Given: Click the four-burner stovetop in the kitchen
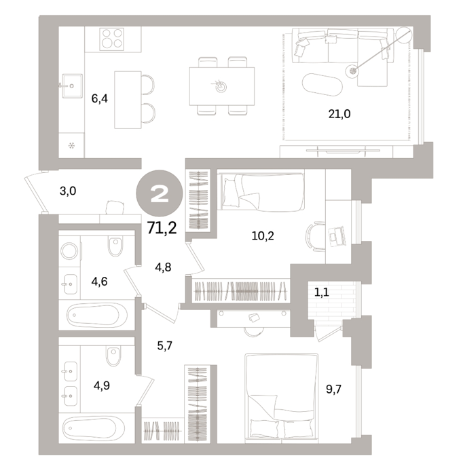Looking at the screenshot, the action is pyautogui.click(x=112, y=39).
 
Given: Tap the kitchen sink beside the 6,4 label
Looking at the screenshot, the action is pyautogui.click(x=72, y=86).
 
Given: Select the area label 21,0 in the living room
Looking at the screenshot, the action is pyautogui.click(x=339, y=114).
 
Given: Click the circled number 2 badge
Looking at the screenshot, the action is pyautogui.click(x=160, y=194).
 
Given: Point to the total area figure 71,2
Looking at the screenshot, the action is pyautogui.click(x=162, y=228).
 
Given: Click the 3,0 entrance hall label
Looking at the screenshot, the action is pyautogui.click(x=68, y=191).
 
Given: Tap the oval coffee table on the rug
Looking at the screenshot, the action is pyautogui.click(x=322, y=85).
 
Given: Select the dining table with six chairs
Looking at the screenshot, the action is pyautogui.click(x=222, y=86).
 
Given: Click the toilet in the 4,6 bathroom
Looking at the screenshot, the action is pyautogui.click(x=115, y=246).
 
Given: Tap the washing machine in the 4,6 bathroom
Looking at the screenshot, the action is pyautogui.click(x=70, y=251).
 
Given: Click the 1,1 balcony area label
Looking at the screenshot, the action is pyautogui.click(x=322, y=292).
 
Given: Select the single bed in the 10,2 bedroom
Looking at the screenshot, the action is pyautogui.click(x=263, y=192).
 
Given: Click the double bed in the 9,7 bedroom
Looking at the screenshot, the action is pyautogui.click(x=282, y=396).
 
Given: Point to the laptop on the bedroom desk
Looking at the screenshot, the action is pyautogui.click(x=337, y=236).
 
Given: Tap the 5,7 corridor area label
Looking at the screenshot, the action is pyautogui.click(x=164, y=345).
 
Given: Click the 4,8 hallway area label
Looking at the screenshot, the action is pyautogui.click(x=163, y=267).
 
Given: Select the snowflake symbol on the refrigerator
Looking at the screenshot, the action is pyautogui.click(x=71, y=146).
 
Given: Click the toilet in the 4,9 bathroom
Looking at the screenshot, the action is pyautogui.click(x=113, y=356).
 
